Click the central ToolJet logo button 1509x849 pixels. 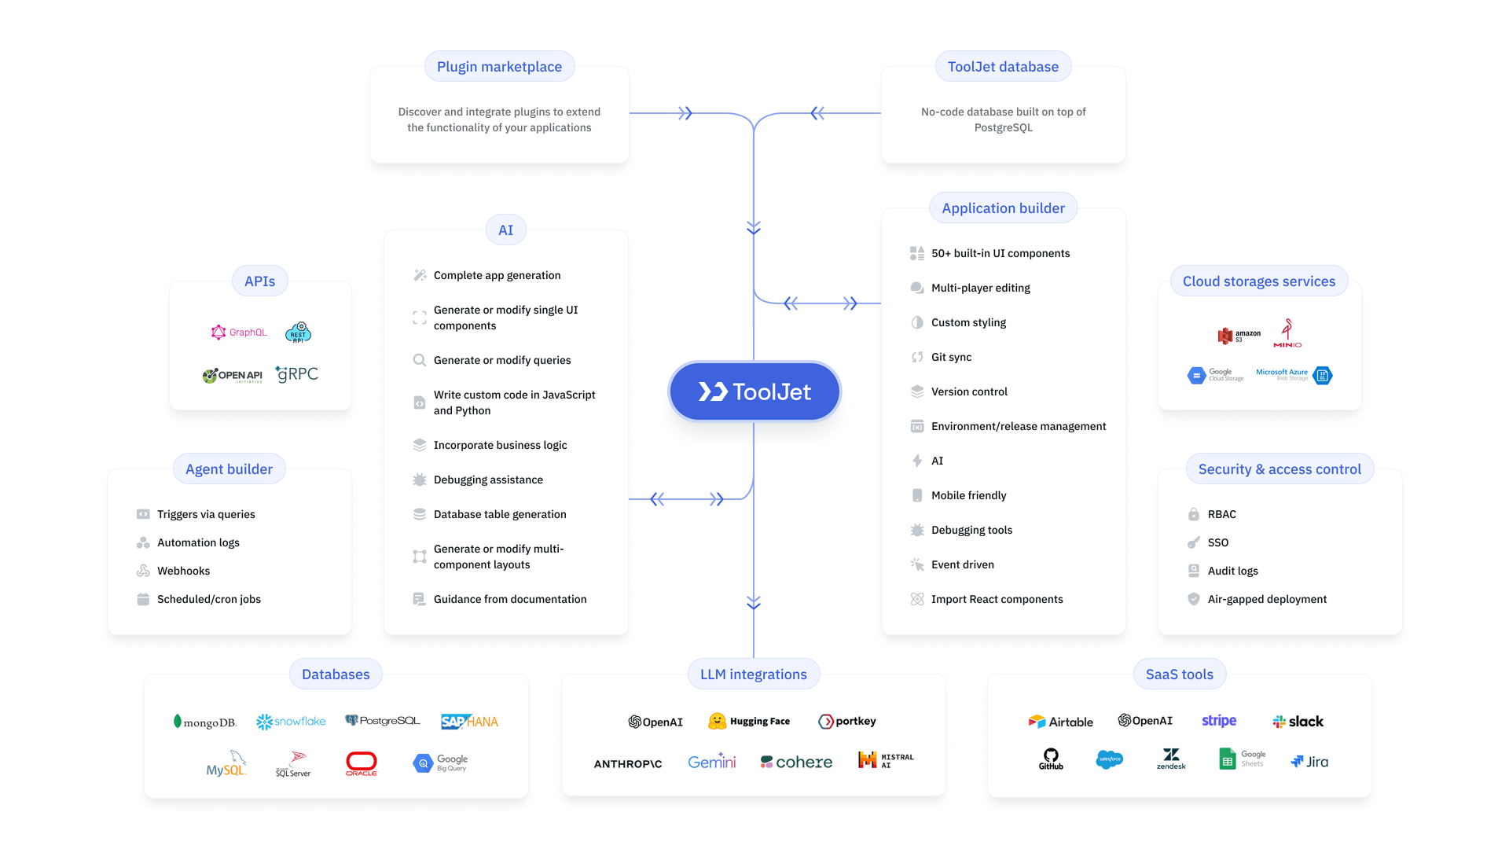click(x=754, y=391)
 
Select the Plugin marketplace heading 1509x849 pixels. click(x=499, y=67)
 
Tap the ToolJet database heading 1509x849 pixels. click(x=1003, y=67)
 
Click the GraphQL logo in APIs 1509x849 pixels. click(x=239, y=333)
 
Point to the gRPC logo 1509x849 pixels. click(x=297, y=374)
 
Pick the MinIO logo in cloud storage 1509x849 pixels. click(x=1287, y=333)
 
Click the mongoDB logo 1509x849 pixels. click(x=205, y=722)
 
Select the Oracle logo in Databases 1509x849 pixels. click(x=362, y=763)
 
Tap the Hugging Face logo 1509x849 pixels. click(x=749, y=721)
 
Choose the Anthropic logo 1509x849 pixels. click(x=628, y=763)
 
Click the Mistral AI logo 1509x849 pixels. click(x=886, y=760)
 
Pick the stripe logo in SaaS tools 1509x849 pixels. click(x=1219, y=721)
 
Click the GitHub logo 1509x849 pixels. click(x=1051, y=759)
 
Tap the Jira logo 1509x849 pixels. click(x=1309, y=761)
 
